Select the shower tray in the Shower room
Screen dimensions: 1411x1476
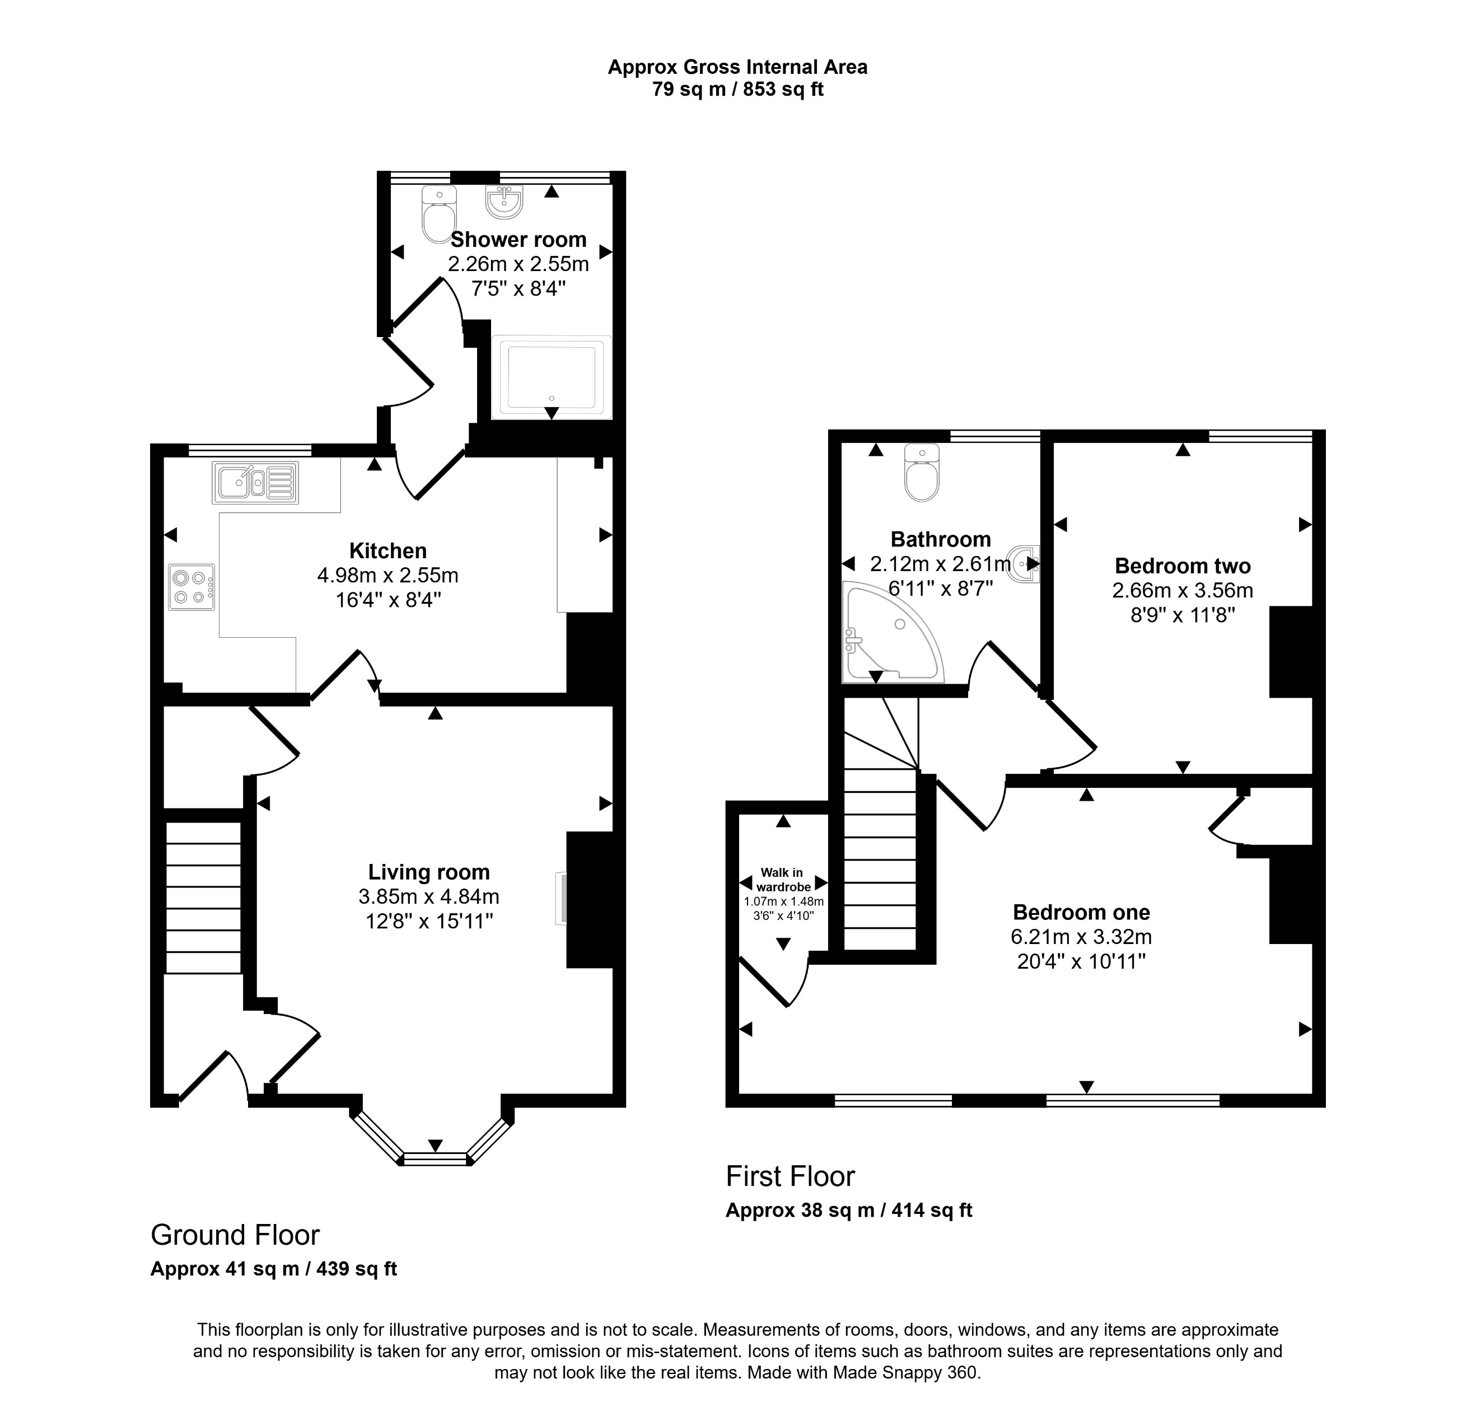click(x=552, y=376)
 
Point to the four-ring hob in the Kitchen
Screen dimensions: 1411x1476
click(x=191, y=587)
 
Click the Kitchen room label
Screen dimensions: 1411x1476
click(x=387, y=550)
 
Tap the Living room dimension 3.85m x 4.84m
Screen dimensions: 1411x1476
click(x=429, y=896)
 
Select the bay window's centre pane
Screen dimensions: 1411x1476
click(x=435, y=1158)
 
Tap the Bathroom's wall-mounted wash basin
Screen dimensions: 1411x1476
click(x=1025, y=563)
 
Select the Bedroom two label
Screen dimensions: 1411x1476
click(x=1183, y=566)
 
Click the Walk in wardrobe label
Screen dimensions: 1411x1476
click(x=782, y=879)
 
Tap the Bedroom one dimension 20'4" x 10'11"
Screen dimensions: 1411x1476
click(x=1081, y=961)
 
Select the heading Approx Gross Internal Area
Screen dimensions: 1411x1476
click(x=737, y=67)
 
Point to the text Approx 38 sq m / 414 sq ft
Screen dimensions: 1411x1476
click(x=848, y=1209)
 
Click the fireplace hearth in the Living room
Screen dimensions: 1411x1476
click(x=560, y=898)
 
